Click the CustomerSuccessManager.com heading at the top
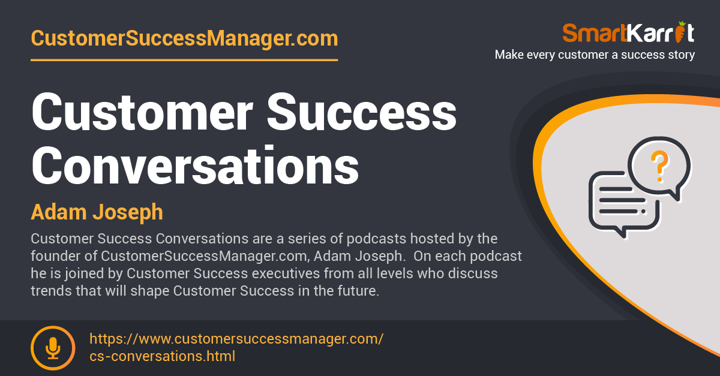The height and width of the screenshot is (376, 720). [184, 39]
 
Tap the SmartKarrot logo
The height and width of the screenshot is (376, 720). [628, 32]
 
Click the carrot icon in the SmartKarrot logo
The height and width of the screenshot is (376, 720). [680, 32]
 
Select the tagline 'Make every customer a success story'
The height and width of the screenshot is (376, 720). [595, 55]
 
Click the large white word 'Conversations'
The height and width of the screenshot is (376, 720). [195, 165]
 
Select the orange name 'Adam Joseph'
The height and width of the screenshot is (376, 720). [97, 212]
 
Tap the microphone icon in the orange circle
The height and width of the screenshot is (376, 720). [53, 348]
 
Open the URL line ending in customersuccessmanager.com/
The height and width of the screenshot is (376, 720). [236, 339]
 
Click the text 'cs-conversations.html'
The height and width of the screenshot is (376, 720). [163, 356]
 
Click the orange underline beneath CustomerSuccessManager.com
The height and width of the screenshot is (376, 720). [184, 60]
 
